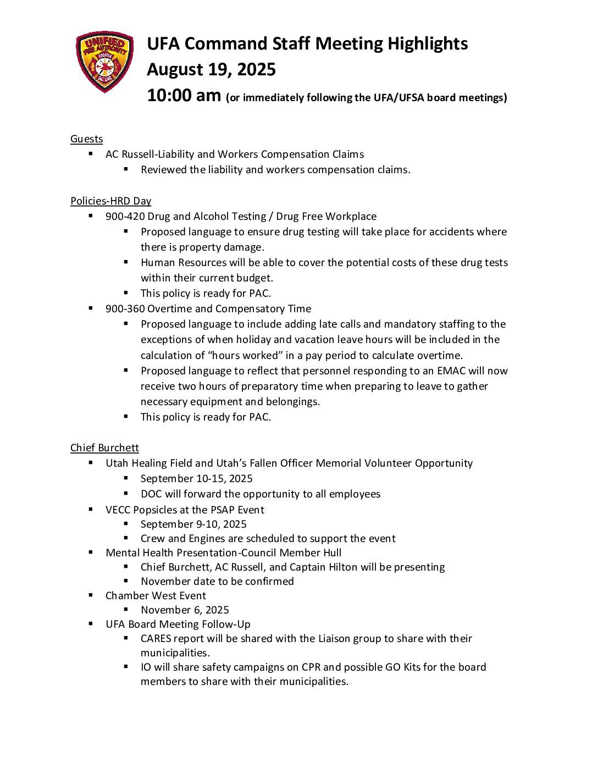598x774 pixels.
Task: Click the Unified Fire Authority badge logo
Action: click(104, 62)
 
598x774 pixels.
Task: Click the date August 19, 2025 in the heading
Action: click(211, 70)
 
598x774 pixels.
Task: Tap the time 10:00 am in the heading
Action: click(184, 96)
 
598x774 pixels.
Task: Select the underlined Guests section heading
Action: click(86, 139)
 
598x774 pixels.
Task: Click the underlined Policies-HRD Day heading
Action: click(110, 201)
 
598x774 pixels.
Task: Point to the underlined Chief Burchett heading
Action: click(104, 448)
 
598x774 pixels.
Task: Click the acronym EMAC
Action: click(451, 371)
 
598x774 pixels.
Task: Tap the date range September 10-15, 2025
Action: click(196, 479)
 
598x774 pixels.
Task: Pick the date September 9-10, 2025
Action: click(193, 524)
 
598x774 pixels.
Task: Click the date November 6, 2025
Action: click(185, 610)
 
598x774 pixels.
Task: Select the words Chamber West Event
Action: click(156, 596)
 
